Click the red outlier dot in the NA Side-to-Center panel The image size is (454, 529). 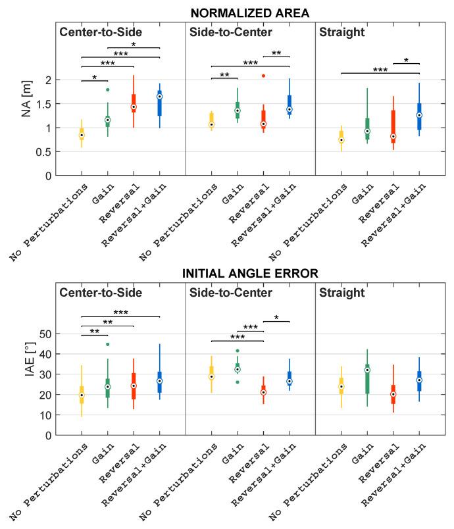tap(263, 76)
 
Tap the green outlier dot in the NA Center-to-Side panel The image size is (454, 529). tap(107, 89)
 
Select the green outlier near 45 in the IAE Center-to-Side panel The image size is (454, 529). tap(107, 344)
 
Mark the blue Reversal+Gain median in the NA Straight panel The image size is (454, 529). tap(419, 115)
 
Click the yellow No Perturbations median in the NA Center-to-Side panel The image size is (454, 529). tap(82, 135)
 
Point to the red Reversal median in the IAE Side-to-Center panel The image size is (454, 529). tap(263, 392)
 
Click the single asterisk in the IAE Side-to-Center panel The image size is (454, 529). tap(276, 318)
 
